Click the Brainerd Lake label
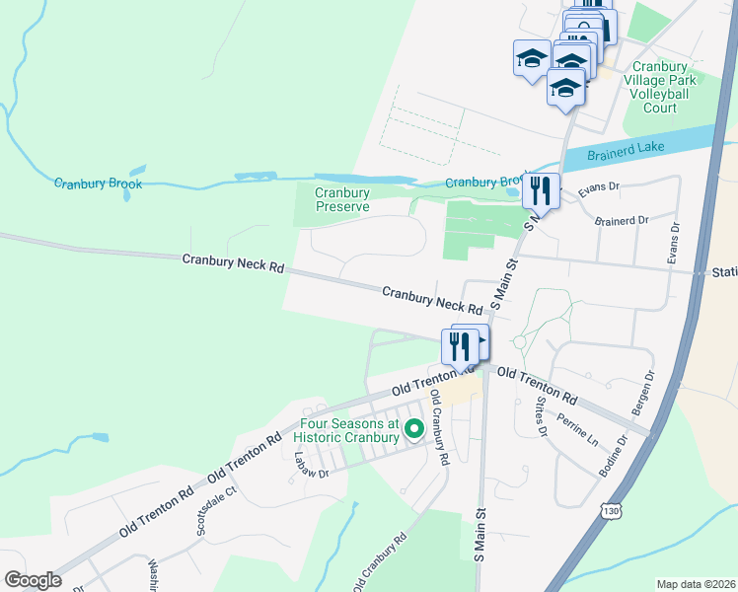coord(626,150)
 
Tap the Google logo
coord(33,579)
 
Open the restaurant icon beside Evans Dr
coord(541,190)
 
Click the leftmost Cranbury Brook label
coord(99,184)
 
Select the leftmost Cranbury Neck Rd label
coord(233,263)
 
